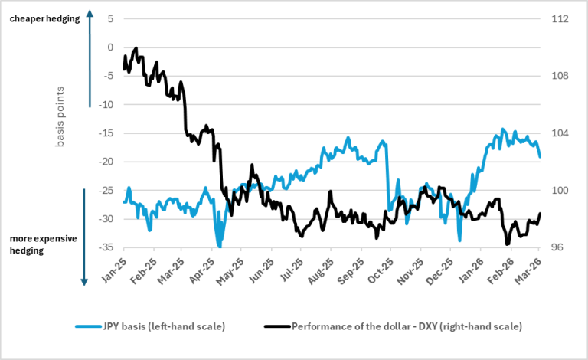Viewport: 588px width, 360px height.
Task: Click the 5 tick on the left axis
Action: tap(110, 18)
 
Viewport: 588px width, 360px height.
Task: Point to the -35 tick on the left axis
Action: tap(106, 247)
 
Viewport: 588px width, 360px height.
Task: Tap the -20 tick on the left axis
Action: tap(106, 162)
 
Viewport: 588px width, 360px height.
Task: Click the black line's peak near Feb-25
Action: tap(136, 48)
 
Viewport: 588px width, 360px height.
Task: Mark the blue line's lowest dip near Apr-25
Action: tap(220, 247)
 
